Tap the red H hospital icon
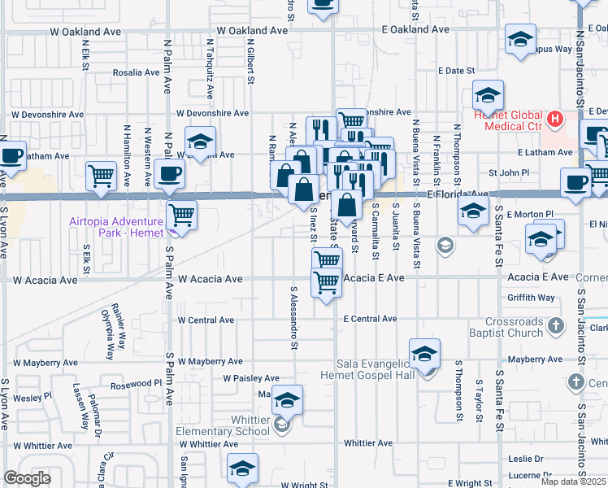coord(555,120)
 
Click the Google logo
coord(27,477)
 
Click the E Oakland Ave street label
coord(416,29)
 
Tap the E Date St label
coord(454,72)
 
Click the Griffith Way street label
coord(531,298)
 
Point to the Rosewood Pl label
coord(137,383)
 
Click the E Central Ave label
coord(370,319)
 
